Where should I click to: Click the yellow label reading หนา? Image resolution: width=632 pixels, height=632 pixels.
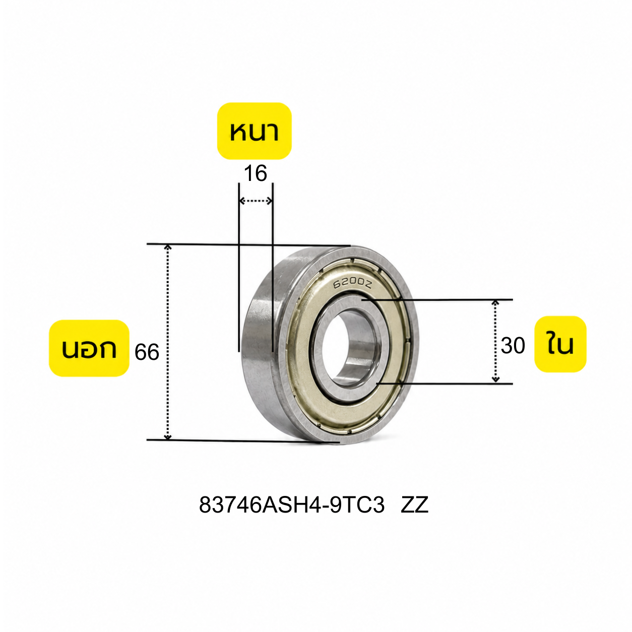click(254, 131)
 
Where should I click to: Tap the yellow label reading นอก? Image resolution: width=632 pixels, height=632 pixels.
click(89, 348)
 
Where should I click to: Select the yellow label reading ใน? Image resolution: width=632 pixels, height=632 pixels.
click(560, 344)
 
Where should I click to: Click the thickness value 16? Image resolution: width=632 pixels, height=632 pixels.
click(256, 173)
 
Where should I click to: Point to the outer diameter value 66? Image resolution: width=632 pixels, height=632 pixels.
click(147, 353)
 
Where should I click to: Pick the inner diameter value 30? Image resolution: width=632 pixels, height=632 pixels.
click(513, 346)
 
